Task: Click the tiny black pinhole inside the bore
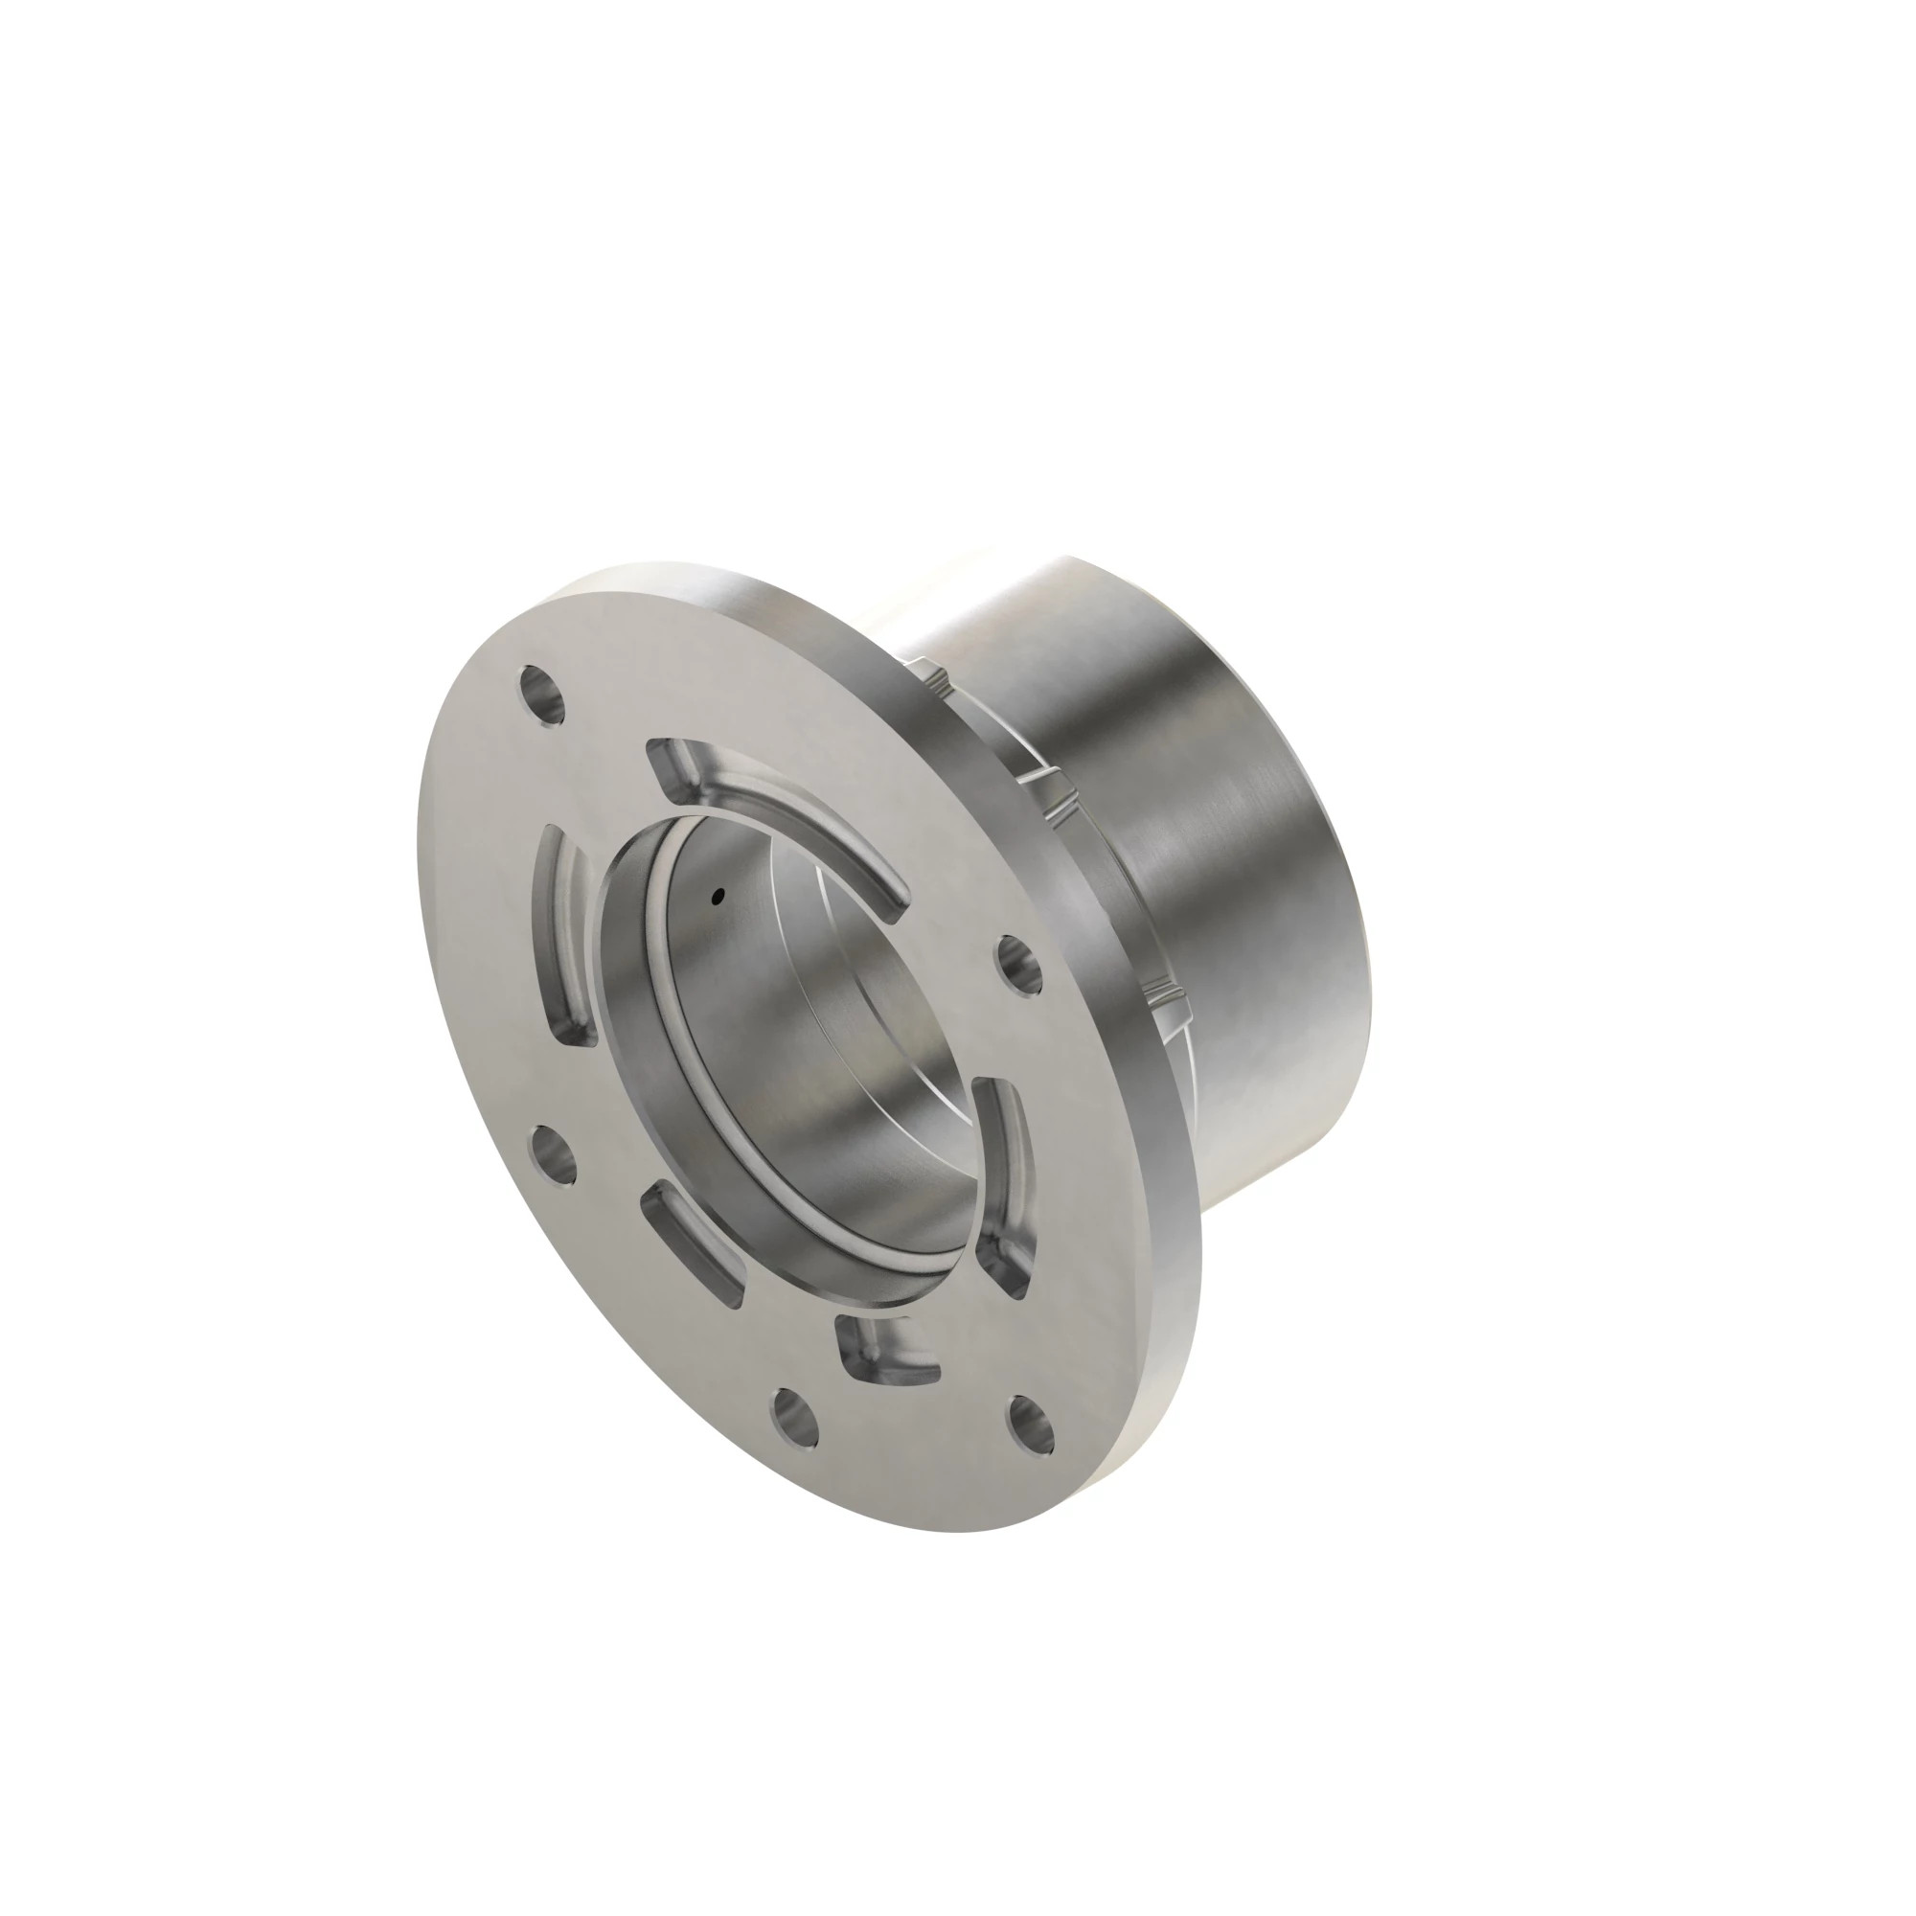(x=717, y=898)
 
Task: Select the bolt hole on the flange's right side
(x=1017, y=961)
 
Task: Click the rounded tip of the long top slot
(x=896, y=908)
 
